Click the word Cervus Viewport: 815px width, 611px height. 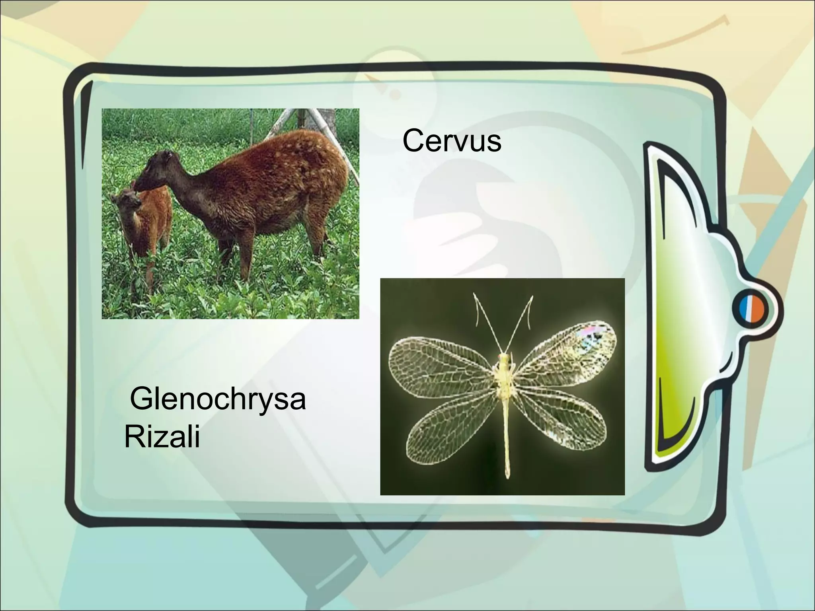point(452,141)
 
